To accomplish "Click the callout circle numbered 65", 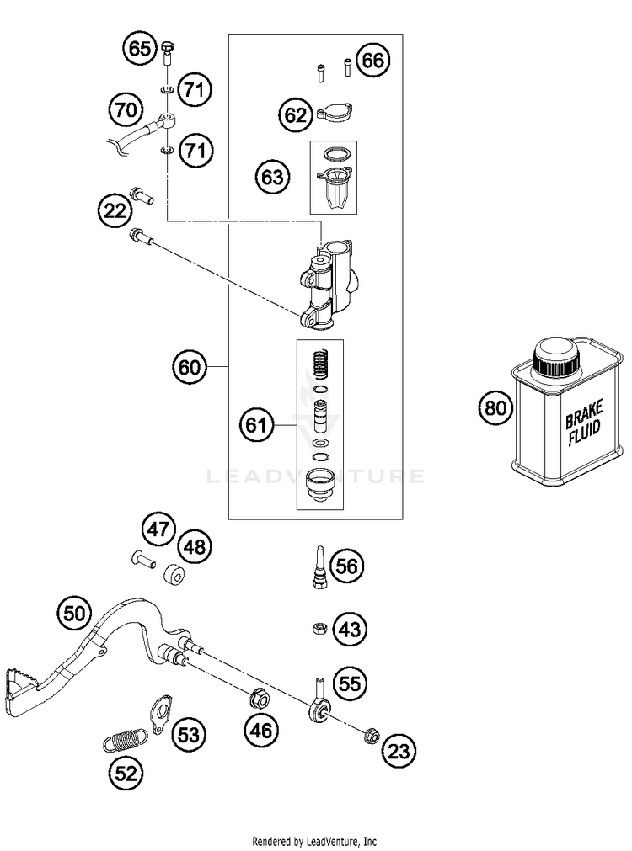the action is coord(140,48).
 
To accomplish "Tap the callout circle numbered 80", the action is coord(495,407).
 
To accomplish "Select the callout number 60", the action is coord(190,368).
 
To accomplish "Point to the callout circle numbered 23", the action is coord(399,751).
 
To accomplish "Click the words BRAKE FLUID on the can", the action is coord(584,423).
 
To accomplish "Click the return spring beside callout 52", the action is coord(125,740).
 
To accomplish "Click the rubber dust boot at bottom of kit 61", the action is coord(320,484).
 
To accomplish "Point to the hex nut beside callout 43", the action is coord(319,629).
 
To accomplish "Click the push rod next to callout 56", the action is coord(319,566).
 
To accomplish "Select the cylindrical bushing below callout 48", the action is coord(174,575).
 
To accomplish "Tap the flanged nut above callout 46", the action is coord(260,698).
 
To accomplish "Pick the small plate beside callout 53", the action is coord(160,715).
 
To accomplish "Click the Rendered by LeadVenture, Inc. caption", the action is coord(315,841).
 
